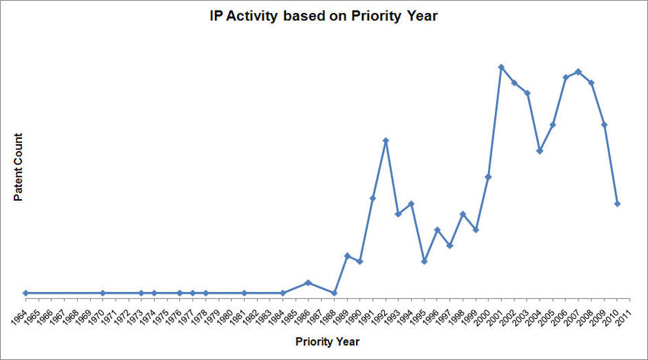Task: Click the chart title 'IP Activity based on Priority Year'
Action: [324, 16]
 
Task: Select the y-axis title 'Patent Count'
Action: [18, 168]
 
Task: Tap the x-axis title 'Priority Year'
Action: [327, 342]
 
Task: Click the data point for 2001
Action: [501, 67]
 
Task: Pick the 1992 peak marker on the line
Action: [386, 140]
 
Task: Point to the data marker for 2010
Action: [617, 204]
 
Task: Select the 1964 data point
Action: [26, 293]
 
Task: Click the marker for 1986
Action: [308, 282]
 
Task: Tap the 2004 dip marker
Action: [540, 150]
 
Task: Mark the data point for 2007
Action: [578, 72]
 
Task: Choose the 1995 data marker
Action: [424, 261]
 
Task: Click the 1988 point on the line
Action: [334, 293]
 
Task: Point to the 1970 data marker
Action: [103, 293]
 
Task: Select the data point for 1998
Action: [463, 214]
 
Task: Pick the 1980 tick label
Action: [226, 315]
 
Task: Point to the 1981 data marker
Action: [244, 293]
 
